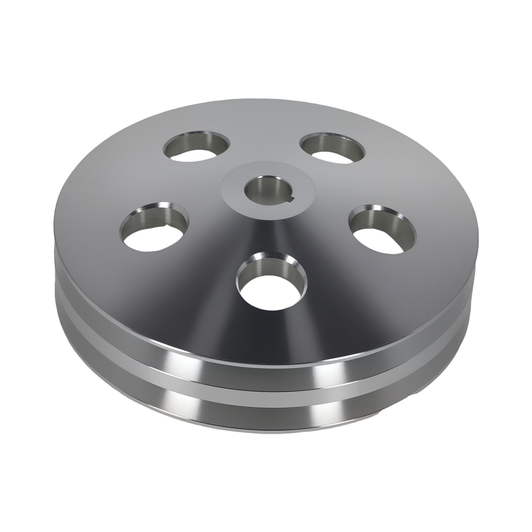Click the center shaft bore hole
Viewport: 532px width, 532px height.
click(264, 190)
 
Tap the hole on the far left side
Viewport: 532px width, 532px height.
click(154, 228)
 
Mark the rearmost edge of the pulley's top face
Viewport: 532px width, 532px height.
click(266, 101)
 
